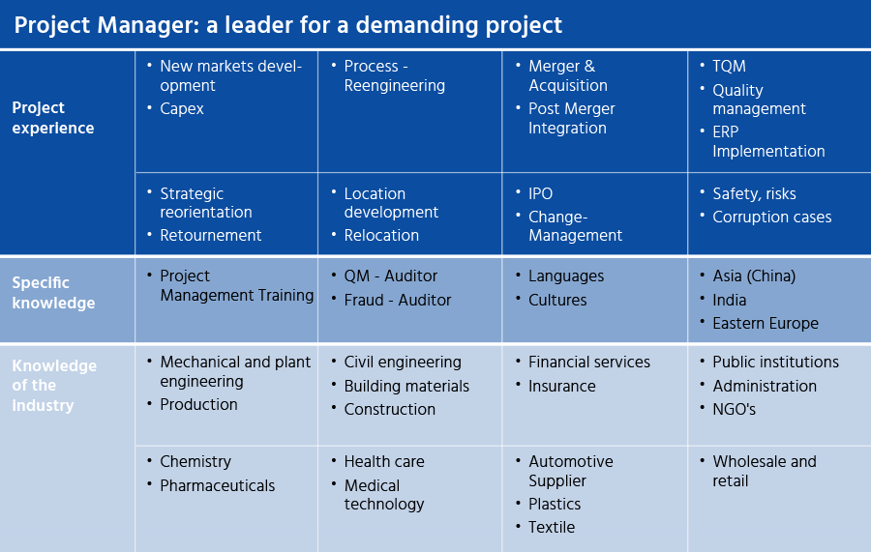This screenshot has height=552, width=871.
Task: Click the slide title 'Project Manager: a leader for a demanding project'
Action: [287, 25]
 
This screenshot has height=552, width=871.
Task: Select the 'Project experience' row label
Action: [53, 118]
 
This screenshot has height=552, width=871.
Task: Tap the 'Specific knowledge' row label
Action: [53, 292]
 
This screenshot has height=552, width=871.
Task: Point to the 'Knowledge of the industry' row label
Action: [54, 385]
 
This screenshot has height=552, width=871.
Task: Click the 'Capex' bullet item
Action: [182, 108]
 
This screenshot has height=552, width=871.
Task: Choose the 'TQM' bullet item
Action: [729, 66]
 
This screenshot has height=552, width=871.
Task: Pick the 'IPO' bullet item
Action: [540, 193]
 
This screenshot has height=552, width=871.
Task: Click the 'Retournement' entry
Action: [211, 235]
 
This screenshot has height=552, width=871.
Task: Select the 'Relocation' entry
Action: [381, 235]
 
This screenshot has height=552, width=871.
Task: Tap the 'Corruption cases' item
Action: [771, 217]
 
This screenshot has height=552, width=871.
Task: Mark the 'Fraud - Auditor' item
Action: [397, 300]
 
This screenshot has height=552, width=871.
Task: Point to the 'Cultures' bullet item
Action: [557, 300]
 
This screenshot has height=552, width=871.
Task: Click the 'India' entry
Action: [730, 300]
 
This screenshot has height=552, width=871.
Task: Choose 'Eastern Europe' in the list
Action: [766, 324]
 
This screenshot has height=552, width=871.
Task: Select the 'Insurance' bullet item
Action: [561, 386]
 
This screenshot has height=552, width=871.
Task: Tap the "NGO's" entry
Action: [734, 410]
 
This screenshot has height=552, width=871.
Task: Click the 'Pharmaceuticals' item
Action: [217, 486]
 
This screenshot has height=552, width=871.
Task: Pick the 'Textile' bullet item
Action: [551, 527]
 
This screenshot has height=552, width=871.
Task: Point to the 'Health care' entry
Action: [384, 461]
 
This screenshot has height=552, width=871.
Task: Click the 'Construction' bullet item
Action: [389, 410]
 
